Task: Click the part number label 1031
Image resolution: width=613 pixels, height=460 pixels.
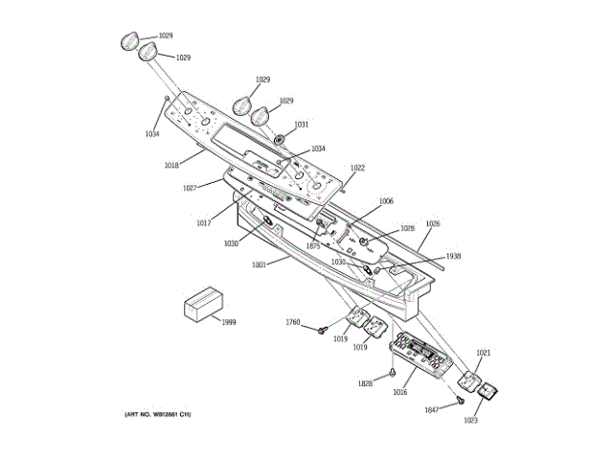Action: pos(301,125)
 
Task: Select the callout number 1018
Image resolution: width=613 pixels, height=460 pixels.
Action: pos(171,166)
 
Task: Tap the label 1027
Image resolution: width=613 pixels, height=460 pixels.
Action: pos(190,188)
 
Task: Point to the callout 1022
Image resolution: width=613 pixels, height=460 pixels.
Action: pos(357,168)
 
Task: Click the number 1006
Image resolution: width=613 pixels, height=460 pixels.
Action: pos(386,201)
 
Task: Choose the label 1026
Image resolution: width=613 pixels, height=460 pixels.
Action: pos(433,224)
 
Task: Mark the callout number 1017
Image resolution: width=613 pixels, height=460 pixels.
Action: pos(204,223)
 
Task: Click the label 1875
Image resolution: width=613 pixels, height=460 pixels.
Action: pos(312,247)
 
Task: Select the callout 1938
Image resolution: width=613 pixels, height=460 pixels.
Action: pos(453,256)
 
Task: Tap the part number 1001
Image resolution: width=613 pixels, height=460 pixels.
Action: pos(258,265)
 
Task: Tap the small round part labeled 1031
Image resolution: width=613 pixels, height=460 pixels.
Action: pos(279,138)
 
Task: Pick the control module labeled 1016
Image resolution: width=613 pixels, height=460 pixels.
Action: pos(422,355)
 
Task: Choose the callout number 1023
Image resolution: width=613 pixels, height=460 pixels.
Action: pos(471,420)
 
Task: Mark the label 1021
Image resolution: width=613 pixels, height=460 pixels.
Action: pos(484,354)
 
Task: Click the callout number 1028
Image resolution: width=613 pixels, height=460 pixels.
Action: pos(407,229)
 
